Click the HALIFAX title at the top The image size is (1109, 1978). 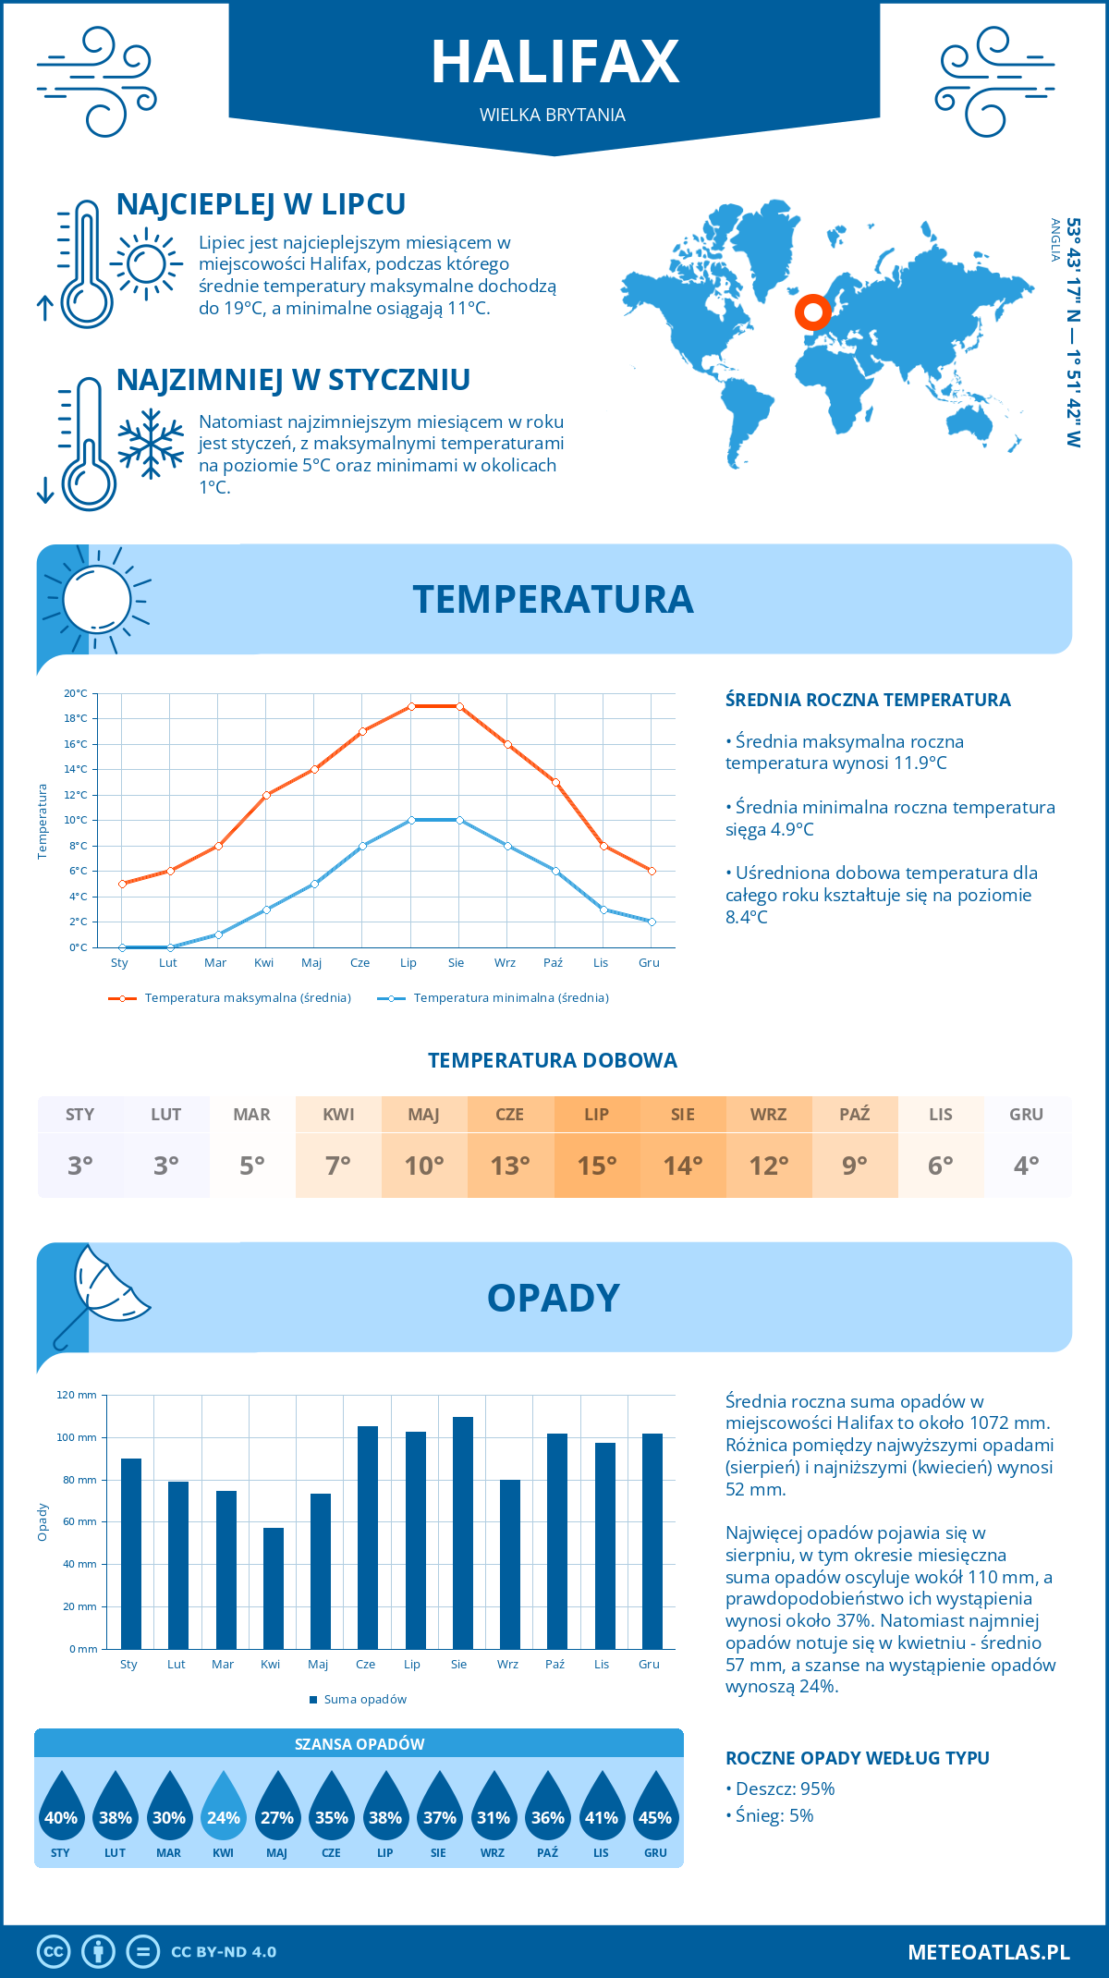coord(554,62)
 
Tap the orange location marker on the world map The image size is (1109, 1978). coord(812,312)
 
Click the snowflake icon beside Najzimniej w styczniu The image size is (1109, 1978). coord(151,444)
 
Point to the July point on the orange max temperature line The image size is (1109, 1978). coord(411,706)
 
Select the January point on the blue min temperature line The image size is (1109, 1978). coord(122,947)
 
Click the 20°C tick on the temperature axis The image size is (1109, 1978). coord(76,693)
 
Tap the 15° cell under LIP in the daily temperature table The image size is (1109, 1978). coord(596,1166)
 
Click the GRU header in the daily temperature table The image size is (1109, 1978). coord(1026,1114)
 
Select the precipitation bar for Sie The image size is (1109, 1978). coord(462,1532)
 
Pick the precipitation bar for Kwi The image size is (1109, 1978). coord(274,1588)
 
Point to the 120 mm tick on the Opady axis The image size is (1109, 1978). coord(77,1395)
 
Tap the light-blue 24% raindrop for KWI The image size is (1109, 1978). coord(224,1812)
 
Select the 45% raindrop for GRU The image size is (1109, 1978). coord(655,1812)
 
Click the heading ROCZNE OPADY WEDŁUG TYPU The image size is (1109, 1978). coord(857,1758)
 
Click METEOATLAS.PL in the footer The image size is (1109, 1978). coord(988,1952)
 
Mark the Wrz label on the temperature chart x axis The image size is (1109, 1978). coord(505,963)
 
